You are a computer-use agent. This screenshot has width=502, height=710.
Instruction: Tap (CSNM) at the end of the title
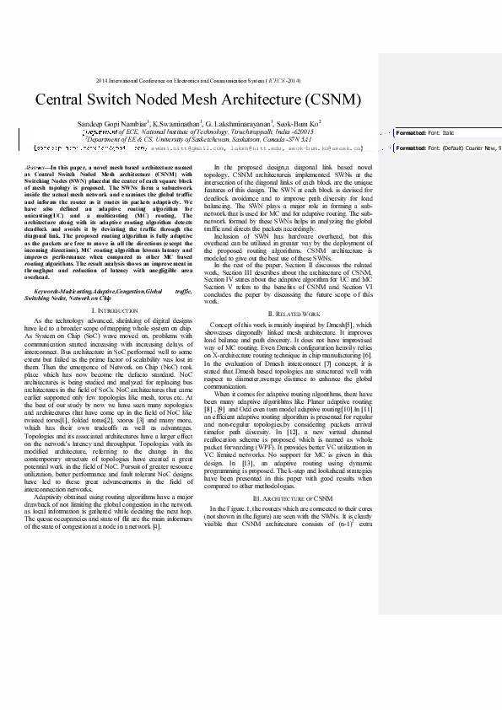pyautogui.click(x=332, y=100)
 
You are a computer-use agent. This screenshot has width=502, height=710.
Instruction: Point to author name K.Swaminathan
pyautogui.click(x=175, y=124)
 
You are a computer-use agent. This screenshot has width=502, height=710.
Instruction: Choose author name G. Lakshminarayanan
pyautogui.click(x=244, y=124)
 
